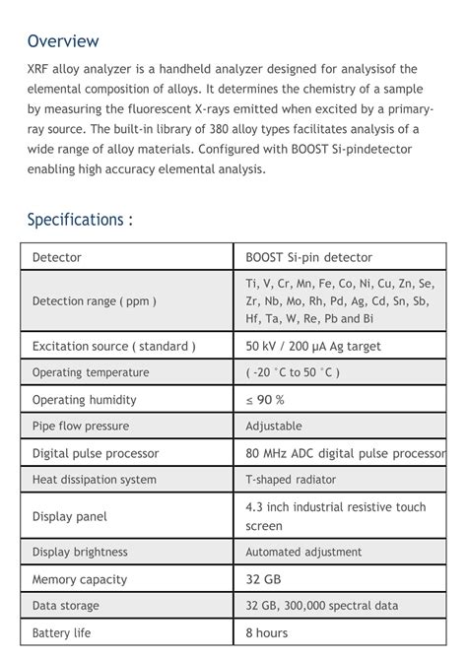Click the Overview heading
tap(63, 41)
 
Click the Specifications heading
tap(80, 219)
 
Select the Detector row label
tap(57, 258)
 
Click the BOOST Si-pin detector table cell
tap(308, 258)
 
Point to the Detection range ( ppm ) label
tap(95, 301)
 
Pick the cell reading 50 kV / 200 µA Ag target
tap(312, 347)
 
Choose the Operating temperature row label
tap(91, 373)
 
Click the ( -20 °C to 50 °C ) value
tap(293, 373)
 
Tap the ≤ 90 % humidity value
tap(265, 400)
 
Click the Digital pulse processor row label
tap(96, 454)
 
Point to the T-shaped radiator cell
tap(291, 480)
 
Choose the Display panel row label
tap(70, 516)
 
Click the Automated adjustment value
tap(303, 553)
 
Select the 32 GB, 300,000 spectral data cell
tap(321, 606)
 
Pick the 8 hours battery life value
tap(267, 633)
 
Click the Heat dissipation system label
tap(95, 480)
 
